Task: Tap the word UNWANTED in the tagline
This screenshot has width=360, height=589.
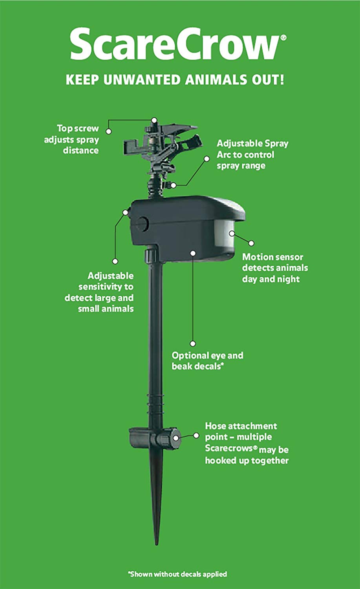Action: pos(142,80)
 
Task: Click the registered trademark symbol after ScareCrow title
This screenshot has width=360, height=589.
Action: pos(284,38)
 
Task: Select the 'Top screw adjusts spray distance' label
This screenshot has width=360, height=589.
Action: pos(71,139)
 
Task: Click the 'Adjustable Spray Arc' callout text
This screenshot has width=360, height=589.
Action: pos(252,155)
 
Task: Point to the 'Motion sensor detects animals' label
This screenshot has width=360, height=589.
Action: pos(275,268)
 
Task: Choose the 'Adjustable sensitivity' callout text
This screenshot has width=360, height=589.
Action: pos(99,292)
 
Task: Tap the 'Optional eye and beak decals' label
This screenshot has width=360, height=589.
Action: pos(207,361)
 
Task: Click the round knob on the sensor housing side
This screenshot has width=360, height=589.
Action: pos(142,224)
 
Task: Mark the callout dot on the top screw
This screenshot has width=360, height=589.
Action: pos(154,120)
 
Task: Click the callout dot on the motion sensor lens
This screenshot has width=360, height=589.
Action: pos(232,233)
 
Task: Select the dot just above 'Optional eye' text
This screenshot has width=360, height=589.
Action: pos(193,344)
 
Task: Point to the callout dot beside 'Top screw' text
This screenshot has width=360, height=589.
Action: pos(109,131)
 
